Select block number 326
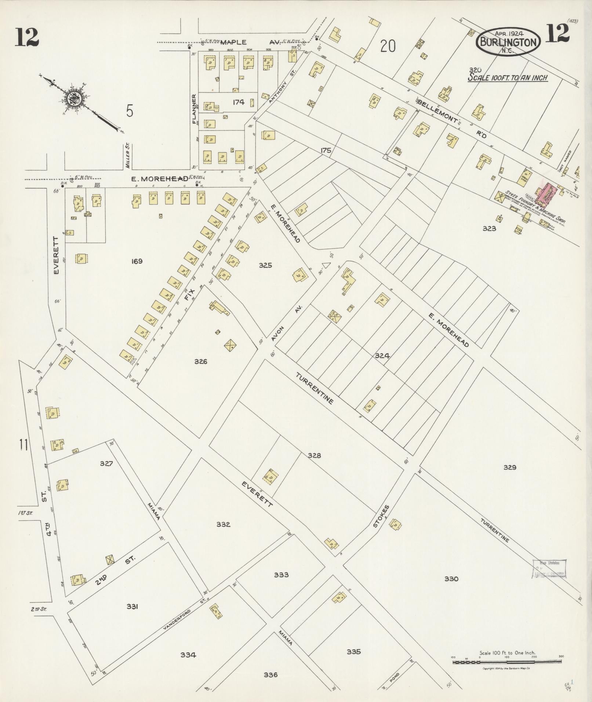[x=201, y=361]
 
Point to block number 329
[x=510, y=467]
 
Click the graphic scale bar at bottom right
[x=507, y=662]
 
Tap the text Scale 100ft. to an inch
[x=508, y=78]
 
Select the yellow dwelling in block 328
[x=270, y=477]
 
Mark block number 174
[x=239, y=102]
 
